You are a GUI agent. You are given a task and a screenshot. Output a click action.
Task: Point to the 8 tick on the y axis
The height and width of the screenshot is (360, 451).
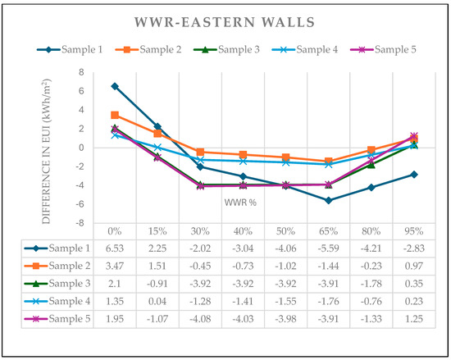click(x=82, y=72)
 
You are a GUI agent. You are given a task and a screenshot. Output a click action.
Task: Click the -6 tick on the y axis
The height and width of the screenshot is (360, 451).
click(x=80, y=204)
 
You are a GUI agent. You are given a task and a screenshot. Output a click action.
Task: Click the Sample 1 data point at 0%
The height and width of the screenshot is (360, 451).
click(x=115, y=86)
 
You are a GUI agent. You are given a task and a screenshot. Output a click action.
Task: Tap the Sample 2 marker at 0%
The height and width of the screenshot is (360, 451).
click(x=115, y=115)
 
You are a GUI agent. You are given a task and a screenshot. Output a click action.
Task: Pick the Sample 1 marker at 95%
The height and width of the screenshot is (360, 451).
click(x=413, y=174)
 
